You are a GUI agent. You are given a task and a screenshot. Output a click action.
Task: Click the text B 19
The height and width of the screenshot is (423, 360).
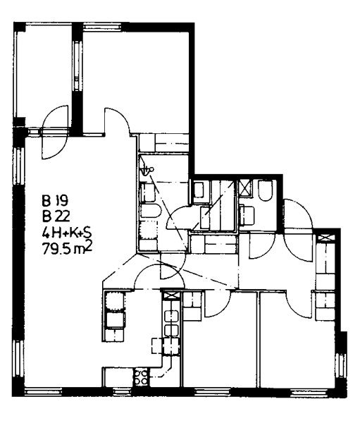(x=55, y=200)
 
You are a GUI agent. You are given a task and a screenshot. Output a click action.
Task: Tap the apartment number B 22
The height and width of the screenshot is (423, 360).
(x=56, y=216)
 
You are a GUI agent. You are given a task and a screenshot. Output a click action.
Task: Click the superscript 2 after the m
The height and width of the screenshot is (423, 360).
(x=89, y=246)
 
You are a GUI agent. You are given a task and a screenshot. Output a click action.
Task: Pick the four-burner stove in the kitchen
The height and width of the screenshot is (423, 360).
(x=142, y=376)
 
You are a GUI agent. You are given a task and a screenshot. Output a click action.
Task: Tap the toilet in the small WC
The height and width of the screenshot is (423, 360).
(x=265, y=190)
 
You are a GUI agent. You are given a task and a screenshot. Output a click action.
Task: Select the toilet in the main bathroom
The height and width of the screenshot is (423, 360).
(x=150, y=211)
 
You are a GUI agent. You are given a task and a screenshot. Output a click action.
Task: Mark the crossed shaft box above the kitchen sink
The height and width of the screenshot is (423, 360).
(x=171, y=295)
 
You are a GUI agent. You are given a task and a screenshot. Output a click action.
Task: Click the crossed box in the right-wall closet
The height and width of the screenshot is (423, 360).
(x=327, y=238)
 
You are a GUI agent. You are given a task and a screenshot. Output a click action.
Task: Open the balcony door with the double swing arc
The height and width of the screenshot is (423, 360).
(x=55, y=133)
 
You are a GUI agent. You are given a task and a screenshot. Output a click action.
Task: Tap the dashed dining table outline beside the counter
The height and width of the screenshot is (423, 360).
(x=166, y=346)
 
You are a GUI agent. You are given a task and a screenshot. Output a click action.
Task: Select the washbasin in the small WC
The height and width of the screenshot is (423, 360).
(x=247, y=215)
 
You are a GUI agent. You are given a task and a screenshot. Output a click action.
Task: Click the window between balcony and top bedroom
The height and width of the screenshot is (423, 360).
(x=77, y=67)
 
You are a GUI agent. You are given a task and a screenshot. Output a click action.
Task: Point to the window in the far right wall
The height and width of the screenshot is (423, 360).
(x=342, y=367)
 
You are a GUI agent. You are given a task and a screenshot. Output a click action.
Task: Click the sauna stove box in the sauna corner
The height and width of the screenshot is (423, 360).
(x=201, y=190)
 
